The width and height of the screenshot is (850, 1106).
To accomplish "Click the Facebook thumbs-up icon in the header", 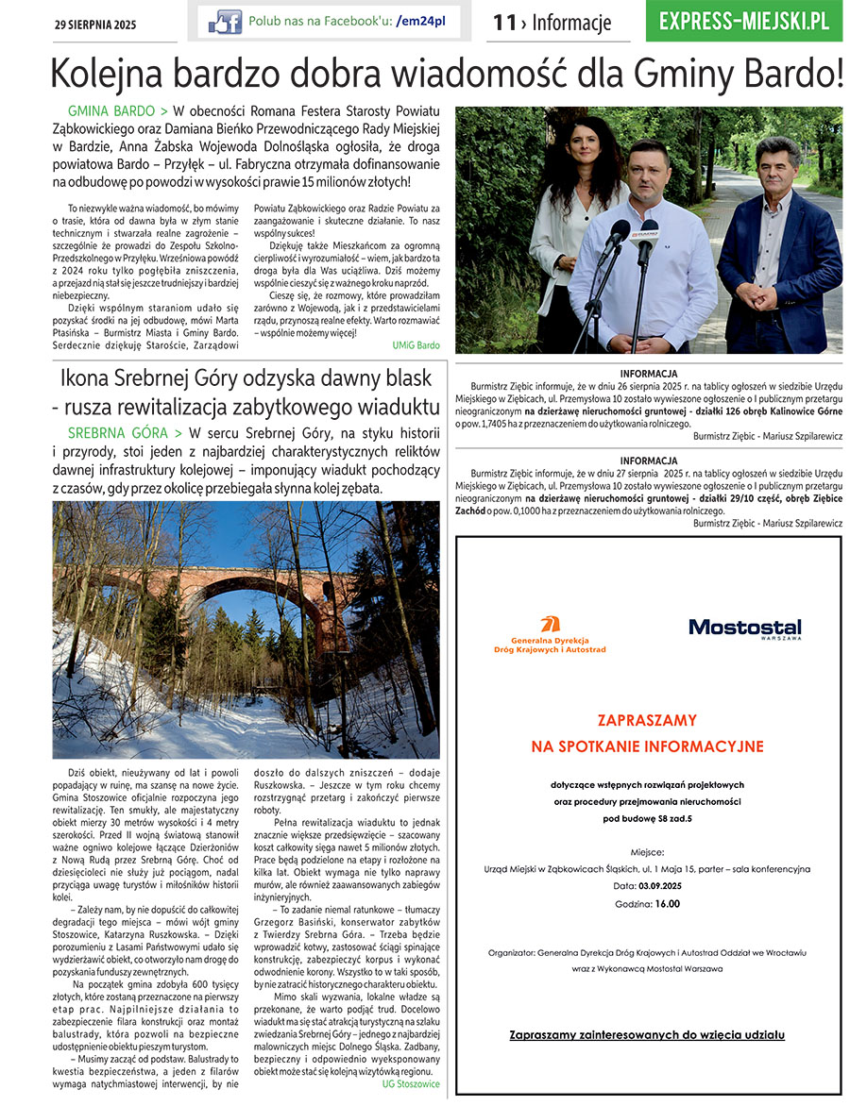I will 225,22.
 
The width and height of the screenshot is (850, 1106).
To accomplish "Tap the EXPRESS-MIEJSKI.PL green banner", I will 744,21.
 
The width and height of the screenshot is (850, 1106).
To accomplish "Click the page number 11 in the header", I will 504,23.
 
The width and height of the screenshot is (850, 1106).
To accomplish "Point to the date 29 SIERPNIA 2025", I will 94,25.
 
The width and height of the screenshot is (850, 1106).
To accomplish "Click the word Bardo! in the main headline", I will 791,74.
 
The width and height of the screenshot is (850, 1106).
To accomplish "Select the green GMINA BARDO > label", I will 118,111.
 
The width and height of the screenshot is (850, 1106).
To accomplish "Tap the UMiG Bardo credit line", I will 416,345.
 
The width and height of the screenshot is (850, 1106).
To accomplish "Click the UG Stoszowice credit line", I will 410,1083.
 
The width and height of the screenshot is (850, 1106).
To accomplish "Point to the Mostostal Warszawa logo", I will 744,628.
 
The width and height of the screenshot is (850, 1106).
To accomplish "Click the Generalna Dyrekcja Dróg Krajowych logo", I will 550,636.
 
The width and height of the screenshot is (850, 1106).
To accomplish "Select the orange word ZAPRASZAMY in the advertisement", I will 647,720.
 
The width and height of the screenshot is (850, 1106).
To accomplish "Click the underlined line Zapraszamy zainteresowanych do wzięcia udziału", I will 647,1034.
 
